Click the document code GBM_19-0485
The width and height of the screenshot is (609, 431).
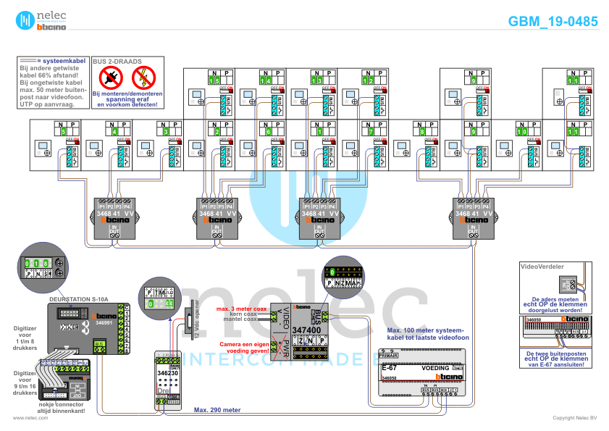pos(553,22)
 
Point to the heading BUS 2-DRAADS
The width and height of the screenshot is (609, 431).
pos(117,62)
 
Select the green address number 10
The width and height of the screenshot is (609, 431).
pos(523,133)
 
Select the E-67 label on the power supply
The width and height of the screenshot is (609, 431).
pos(390,369)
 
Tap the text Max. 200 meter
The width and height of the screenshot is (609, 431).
pos(217,410)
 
